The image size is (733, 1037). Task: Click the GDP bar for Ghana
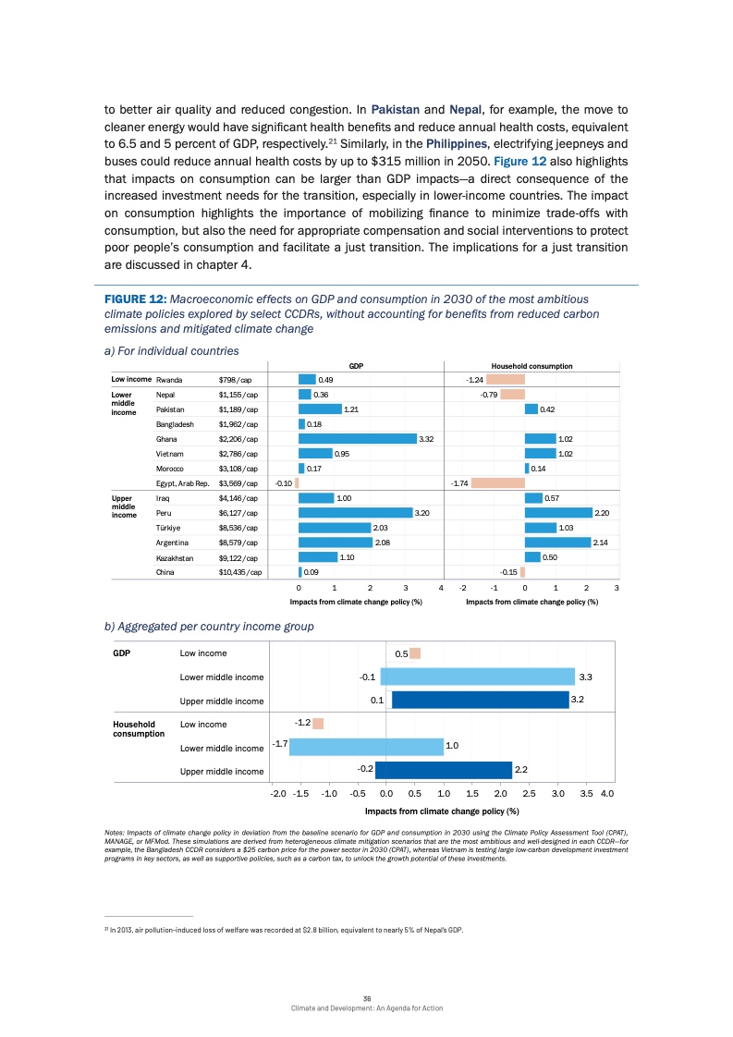(x=358, y=439)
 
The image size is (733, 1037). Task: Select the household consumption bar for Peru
(x=557, y=512)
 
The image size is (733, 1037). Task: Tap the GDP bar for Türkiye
(x=334, y=527)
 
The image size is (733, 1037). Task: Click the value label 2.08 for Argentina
(x=382, y=542)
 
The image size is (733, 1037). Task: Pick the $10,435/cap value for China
(x=240, y=571)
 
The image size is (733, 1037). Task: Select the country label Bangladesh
(x=175, y=424)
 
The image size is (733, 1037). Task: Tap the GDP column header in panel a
(x=355, y=366)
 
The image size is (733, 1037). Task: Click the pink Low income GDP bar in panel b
(x=415, y=653)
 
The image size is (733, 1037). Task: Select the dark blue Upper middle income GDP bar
(x=480, y=700)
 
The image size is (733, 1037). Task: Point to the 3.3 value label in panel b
(x=585, y=677)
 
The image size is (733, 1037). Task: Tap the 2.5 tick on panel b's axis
(x=529, y=793)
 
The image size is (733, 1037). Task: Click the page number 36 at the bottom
(x=367, y=995)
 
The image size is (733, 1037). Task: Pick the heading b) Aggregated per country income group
(x=209, y=626)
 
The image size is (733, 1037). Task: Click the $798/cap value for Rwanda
(x=233, y=380)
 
